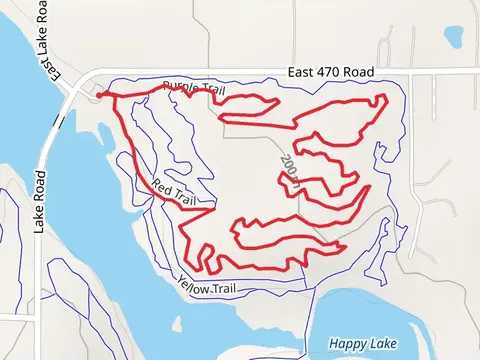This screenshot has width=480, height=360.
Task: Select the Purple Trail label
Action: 193,89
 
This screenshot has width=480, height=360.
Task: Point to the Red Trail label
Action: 173,191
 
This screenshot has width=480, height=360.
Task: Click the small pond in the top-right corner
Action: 454,37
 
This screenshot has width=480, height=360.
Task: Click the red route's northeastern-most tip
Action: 385,97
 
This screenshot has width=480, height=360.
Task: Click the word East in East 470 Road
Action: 301,72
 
